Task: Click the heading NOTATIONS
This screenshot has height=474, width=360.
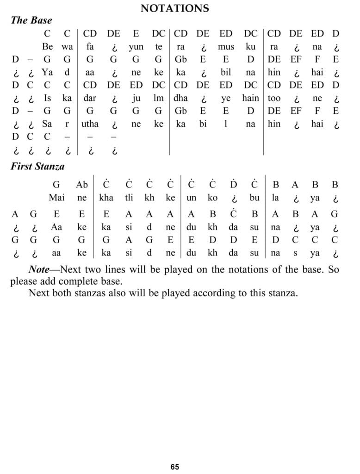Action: click(174, 8)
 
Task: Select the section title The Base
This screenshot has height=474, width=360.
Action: click(31, 20)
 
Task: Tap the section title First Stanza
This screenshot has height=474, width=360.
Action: click(38, 167)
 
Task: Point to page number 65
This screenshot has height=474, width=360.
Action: click(174, 467)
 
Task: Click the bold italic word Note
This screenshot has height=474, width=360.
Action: click(38, 269)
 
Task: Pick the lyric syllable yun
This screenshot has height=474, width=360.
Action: click(136, 46)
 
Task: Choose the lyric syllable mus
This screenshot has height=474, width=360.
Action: click(226, 46)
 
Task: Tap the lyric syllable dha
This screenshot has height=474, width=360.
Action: click(180, 98)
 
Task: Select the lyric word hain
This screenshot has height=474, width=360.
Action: click(250, 98)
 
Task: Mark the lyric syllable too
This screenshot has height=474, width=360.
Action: click(274, 98)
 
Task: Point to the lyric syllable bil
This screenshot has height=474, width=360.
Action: click(226, 72)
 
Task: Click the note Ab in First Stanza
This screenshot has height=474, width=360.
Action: click(82, 185)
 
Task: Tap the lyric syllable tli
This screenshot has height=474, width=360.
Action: click(129, 198)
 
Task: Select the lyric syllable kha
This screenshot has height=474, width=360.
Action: click(106, 198)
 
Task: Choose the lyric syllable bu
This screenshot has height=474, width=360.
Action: click(254, 198)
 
